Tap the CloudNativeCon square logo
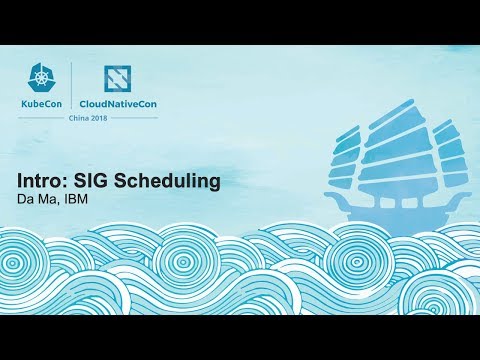coord(121,80)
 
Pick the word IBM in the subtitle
coord(78,200)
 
